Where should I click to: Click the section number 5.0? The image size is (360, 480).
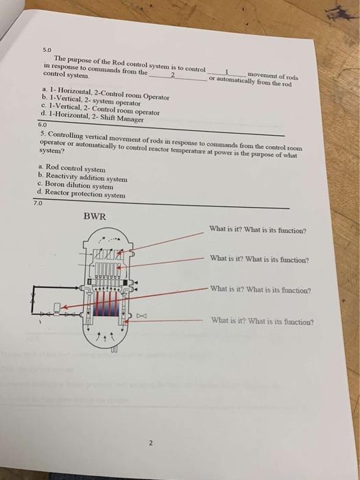[x=47, y=50]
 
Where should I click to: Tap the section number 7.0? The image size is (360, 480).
[x=37, y=203]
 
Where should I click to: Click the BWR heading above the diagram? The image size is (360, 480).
[x=95, y=217]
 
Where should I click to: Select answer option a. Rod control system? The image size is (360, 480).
[x=73, y=168]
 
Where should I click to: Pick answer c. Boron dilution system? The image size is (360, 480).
[x=76, y=186]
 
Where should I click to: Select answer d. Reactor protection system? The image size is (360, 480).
[x=82, y=195]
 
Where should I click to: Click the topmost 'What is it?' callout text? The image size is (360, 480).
[x=257, y=230]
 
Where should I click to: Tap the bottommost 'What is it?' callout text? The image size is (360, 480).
[x=263, y=320]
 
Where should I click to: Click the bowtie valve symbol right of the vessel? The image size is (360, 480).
[x=142, y=316]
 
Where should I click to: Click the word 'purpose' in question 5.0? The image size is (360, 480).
[x=80, y=59]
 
